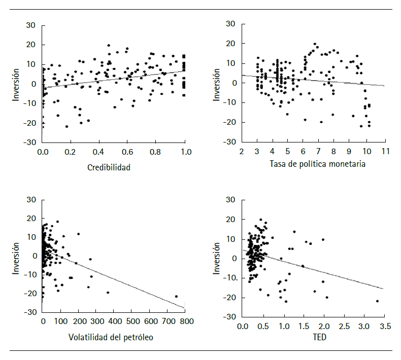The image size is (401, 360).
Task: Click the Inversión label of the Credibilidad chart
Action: pos(16,84)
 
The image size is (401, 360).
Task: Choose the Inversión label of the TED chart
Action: pos(217,258)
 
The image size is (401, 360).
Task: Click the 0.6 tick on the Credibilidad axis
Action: pos(128,152)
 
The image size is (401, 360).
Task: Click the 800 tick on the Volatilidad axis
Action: pos(185,322)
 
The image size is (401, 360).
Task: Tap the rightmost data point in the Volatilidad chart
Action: pos(176,296)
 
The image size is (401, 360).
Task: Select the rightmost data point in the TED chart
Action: pos(377,301)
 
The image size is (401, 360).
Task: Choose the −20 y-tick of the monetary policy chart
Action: pos(231,122)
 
